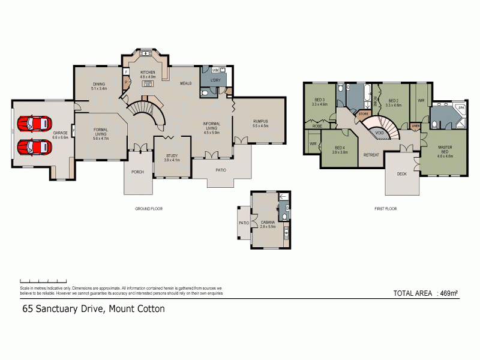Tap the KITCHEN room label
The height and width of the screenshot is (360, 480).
pos(148,72)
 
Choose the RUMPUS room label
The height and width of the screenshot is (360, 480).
pos(260,122)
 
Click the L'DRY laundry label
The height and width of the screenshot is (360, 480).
pos(214,82)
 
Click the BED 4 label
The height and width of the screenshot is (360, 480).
pos(340,148)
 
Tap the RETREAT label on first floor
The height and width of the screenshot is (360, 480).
pos(371,155)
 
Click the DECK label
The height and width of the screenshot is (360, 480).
pos(402,174)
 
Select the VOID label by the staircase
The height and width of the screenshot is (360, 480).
pos(379,133)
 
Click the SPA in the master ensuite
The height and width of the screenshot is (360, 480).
pos(461,109)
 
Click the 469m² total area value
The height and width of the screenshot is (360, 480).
pos(448,293)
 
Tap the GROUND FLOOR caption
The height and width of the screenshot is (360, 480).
pos(149,209)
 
